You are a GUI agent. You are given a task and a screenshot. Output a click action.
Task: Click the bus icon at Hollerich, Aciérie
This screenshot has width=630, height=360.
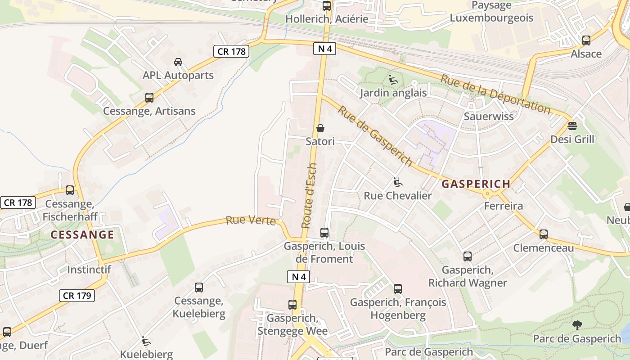(327, 6)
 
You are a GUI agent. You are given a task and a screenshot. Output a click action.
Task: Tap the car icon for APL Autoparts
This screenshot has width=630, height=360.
(178, 62)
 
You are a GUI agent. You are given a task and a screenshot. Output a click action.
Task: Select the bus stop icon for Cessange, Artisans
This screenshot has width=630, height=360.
(149, 97)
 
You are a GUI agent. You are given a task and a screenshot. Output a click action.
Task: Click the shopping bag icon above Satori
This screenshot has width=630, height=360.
(320, 128)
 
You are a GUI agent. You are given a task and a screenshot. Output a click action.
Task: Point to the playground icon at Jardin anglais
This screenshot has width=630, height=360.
(393, 80)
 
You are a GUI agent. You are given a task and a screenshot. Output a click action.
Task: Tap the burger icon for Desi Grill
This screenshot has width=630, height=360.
(572, 126)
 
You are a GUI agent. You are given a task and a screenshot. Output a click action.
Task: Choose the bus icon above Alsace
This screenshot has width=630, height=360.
(586, 40)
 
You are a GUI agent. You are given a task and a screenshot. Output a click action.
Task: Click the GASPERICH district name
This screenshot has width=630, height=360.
(476, 184)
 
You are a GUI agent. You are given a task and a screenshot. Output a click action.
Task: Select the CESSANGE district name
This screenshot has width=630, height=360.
(82, 234)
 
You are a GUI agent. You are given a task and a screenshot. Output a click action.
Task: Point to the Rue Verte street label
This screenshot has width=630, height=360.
(251, 220)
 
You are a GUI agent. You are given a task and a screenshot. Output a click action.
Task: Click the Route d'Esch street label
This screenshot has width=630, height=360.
(309, 195)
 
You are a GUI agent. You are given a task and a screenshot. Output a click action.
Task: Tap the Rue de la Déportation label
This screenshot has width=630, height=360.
(495, 94)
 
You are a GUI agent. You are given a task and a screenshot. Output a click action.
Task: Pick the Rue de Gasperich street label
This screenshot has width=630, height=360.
(375, 136)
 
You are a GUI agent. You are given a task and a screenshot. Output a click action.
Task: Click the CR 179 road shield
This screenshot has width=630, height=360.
(77, 296)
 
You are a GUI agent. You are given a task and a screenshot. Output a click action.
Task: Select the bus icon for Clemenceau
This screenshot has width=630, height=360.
(544, 234)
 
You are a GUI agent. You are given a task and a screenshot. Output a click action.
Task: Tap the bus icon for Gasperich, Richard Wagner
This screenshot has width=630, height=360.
(468, 256)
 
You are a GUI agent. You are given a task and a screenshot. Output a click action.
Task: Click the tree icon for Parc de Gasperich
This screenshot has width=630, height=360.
(577, 325)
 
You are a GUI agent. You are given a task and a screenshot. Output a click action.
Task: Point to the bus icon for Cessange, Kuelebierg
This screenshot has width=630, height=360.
(198, 287)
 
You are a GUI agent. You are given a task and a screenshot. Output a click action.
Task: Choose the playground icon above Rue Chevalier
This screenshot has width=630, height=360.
(397, 182)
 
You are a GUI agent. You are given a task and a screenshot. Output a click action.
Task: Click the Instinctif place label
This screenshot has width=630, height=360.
(89, 270)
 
